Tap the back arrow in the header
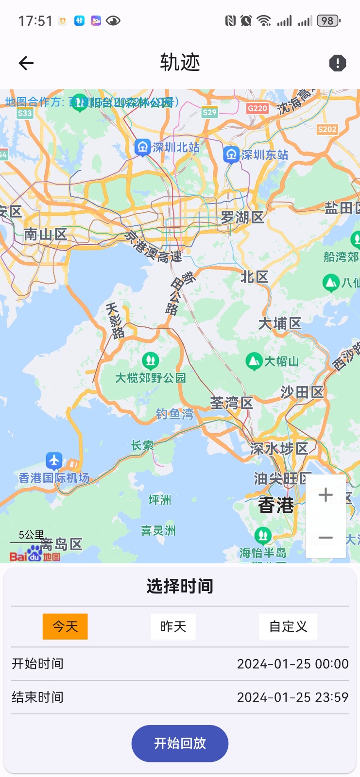coord(26,63)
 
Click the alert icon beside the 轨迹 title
coord(337,63)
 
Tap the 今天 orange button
coord(65,626)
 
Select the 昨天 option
coord(173,626)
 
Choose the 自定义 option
coord(288,626)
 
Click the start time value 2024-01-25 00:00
coord(292,664)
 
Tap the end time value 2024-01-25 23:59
coord(292,697)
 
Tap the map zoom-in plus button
coord(326,495)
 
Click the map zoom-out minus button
coord(326,538)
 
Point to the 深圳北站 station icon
coord(142,148)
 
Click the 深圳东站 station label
coord(265,155)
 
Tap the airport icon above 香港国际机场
coord(54,459)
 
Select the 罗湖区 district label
coord(242,217)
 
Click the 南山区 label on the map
coord(45,235)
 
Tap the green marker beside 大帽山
coord(254,361)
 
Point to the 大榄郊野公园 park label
coord(151,378)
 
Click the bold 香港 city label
coord(276,506)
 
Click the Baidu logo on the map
coord(34,555)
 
